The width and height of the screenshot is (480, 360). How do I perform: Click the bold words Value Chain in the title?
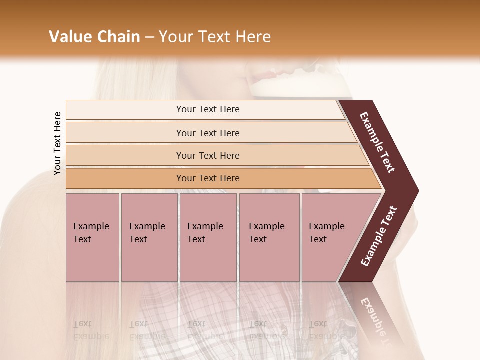pos(94,37)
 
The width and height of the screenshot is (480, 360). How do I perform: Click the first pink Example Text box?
pos(92,260)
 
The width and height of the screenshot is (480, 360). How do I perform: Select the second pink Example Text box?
pos(149,260)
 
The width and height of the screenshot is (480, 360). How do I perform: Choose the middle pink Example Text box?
pos(208,260)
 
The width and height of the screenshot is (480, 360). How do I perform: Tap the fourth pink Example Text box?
pos(269,260)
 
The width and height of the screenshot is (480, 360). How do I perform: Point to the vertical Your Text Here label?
pos(57,144)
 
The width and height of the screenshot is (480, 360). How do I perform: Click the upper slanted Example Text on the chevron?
pos(378,142)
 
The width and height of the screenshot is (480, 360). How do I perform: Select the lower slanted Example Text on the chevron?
pos(379,236)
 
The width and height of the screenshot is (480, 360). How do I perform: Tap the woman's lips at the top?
pos(262,76)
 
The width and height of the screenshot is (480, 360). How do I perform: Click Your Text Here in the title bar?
pos(215,37)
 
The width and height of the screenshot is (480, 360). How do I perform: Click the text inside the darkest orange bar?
pos(208,178)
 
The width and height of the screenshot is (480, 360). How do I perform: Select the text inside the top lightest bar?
pos(208,109)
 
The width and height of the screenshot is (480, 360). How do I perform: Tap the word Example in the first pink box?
pos(91,226)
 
